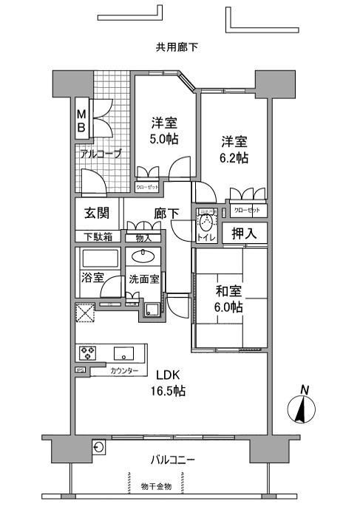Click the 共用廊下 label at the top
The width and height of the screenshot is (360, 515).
click(x=177, y=48)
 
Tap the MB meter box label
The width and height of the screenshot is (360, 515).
click(x=83, y=120)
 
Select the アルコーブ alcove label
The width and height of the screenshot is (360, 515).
click(x=101, y=154)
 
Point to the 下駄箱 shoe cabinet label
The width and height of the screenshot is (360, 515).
click(x=97, y=237)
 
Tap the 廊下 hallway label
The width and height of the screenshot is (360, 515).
click(x=167, y=214)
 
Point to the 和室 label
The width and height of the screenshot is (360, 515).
click(x=228, y=290)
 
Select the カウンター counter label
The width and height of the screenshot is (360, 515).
click(x=122, y=370)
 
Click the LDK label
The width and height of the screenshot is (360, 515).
click(x=167, y=374)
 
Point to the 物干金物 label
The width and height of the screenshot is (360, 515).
click(x=157, y=486)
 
